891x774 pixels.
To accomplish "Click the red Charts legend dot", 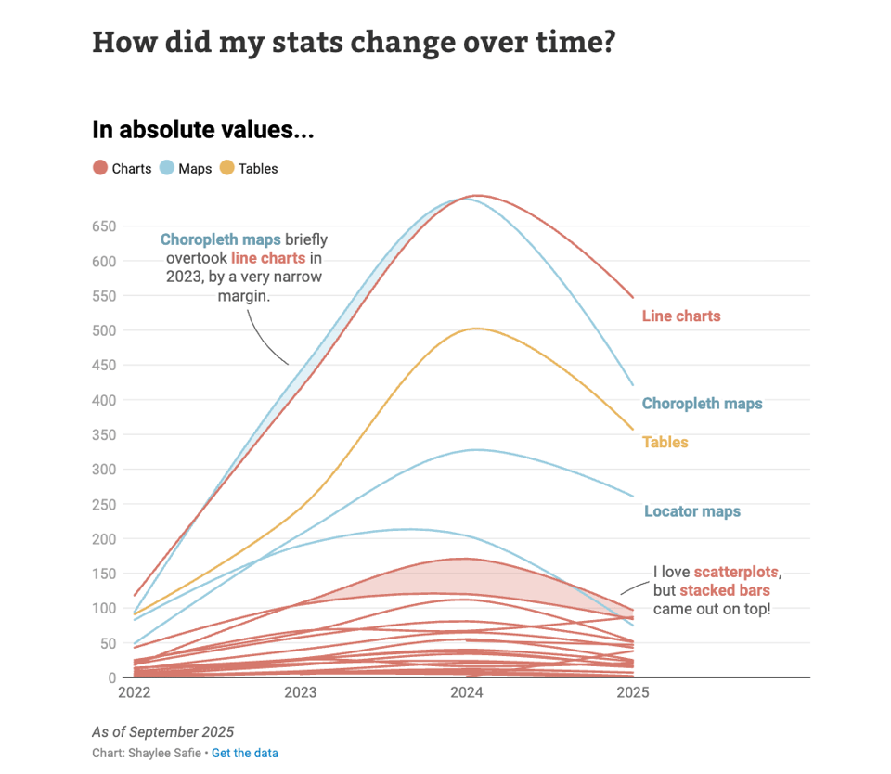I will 100,169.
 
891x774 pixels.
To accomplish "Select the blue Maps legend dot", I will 167,169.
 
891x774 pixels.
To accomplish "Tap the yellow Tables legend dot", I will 227,169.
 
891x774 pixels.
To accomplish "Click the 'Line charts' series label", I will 681,316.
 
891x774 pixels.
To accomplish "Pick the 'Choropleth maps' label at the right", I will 702,404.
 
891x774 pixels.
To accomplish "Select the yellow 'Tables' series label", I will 665,443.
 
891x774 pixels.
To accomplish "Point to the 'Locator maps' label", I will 692,511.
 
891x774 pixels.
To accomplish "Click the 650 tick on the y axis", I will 103,226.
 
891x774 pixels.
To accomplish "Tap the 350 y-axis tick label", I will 103,434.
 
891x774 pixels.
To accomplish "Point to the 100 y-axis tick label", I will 103,609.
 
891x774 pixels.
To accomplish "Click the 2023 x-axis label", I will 300,692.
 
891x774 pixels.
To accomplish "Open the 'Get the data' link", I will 245,753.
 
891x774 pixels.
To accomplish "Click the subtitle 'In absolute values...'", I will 202,131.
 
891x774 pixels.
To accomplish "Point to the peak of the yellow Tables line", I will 476,328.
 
